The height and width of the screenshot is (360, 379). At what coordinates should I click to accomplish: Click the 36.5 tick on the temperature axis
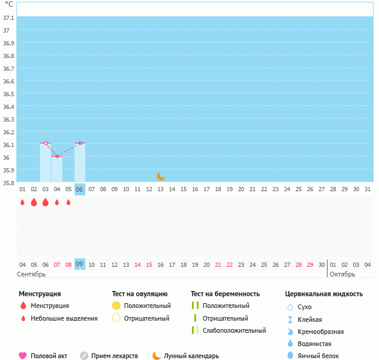pos(8,94)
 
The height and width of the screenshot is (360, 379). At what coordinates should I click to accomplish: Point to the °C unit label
pos(8,4)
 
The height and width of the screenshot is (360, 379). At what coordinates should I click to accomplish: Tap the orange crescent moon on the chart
pos(160,176)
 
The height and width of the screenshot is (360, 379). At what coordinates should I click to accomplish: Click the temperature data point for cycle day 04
pos(57,156)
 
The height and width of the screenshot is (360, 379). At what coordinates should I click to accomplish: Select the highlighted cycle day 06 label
pos(79,189)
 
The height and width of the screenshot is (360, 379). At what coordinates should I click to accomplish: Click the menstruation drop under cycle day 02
pos(34,202)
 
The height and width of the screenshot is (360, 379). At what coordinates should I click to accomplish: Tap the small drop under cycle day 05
pos(68,202)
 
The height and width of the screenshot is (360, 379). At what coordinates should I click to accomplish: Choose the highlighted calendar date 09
pos(79,264)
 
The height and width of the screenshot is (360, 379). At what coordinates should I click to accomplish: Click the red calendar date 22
pos(229,265)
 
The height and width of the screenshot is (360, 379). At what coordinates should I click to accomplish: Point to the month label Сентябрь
pos(31,274)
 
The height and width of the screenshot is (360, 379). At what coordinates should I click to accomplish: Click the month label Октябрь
pos(342,274)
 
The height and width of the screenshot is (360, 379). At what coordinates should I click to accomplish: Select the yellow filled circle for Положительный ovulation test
pos(116,306)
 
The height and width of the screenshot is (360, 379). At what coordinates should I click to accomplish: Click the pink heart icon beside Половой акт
pos(23,356)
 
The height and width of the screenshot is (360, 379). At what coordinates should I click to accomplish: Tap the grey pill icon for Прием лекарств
pos(84,356)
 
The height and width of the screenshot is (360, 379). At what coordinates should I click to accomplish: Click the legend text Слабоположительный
pos(234,330)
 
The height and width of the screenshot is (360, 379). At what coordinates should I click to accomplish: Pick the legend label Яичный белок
pos(318,356)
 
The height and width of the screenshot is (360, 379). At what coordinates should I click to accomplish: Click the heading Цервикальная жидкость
pos(324,294)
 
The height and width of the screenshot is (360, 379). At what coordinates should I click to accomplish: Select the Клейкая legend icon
pos(290,319)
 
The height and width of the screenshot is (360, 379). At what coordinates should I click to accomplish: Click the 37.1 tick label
pos(8,18)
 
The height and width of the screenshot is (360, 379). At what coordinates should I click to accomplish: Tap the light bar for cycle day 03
pos(45,162)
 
